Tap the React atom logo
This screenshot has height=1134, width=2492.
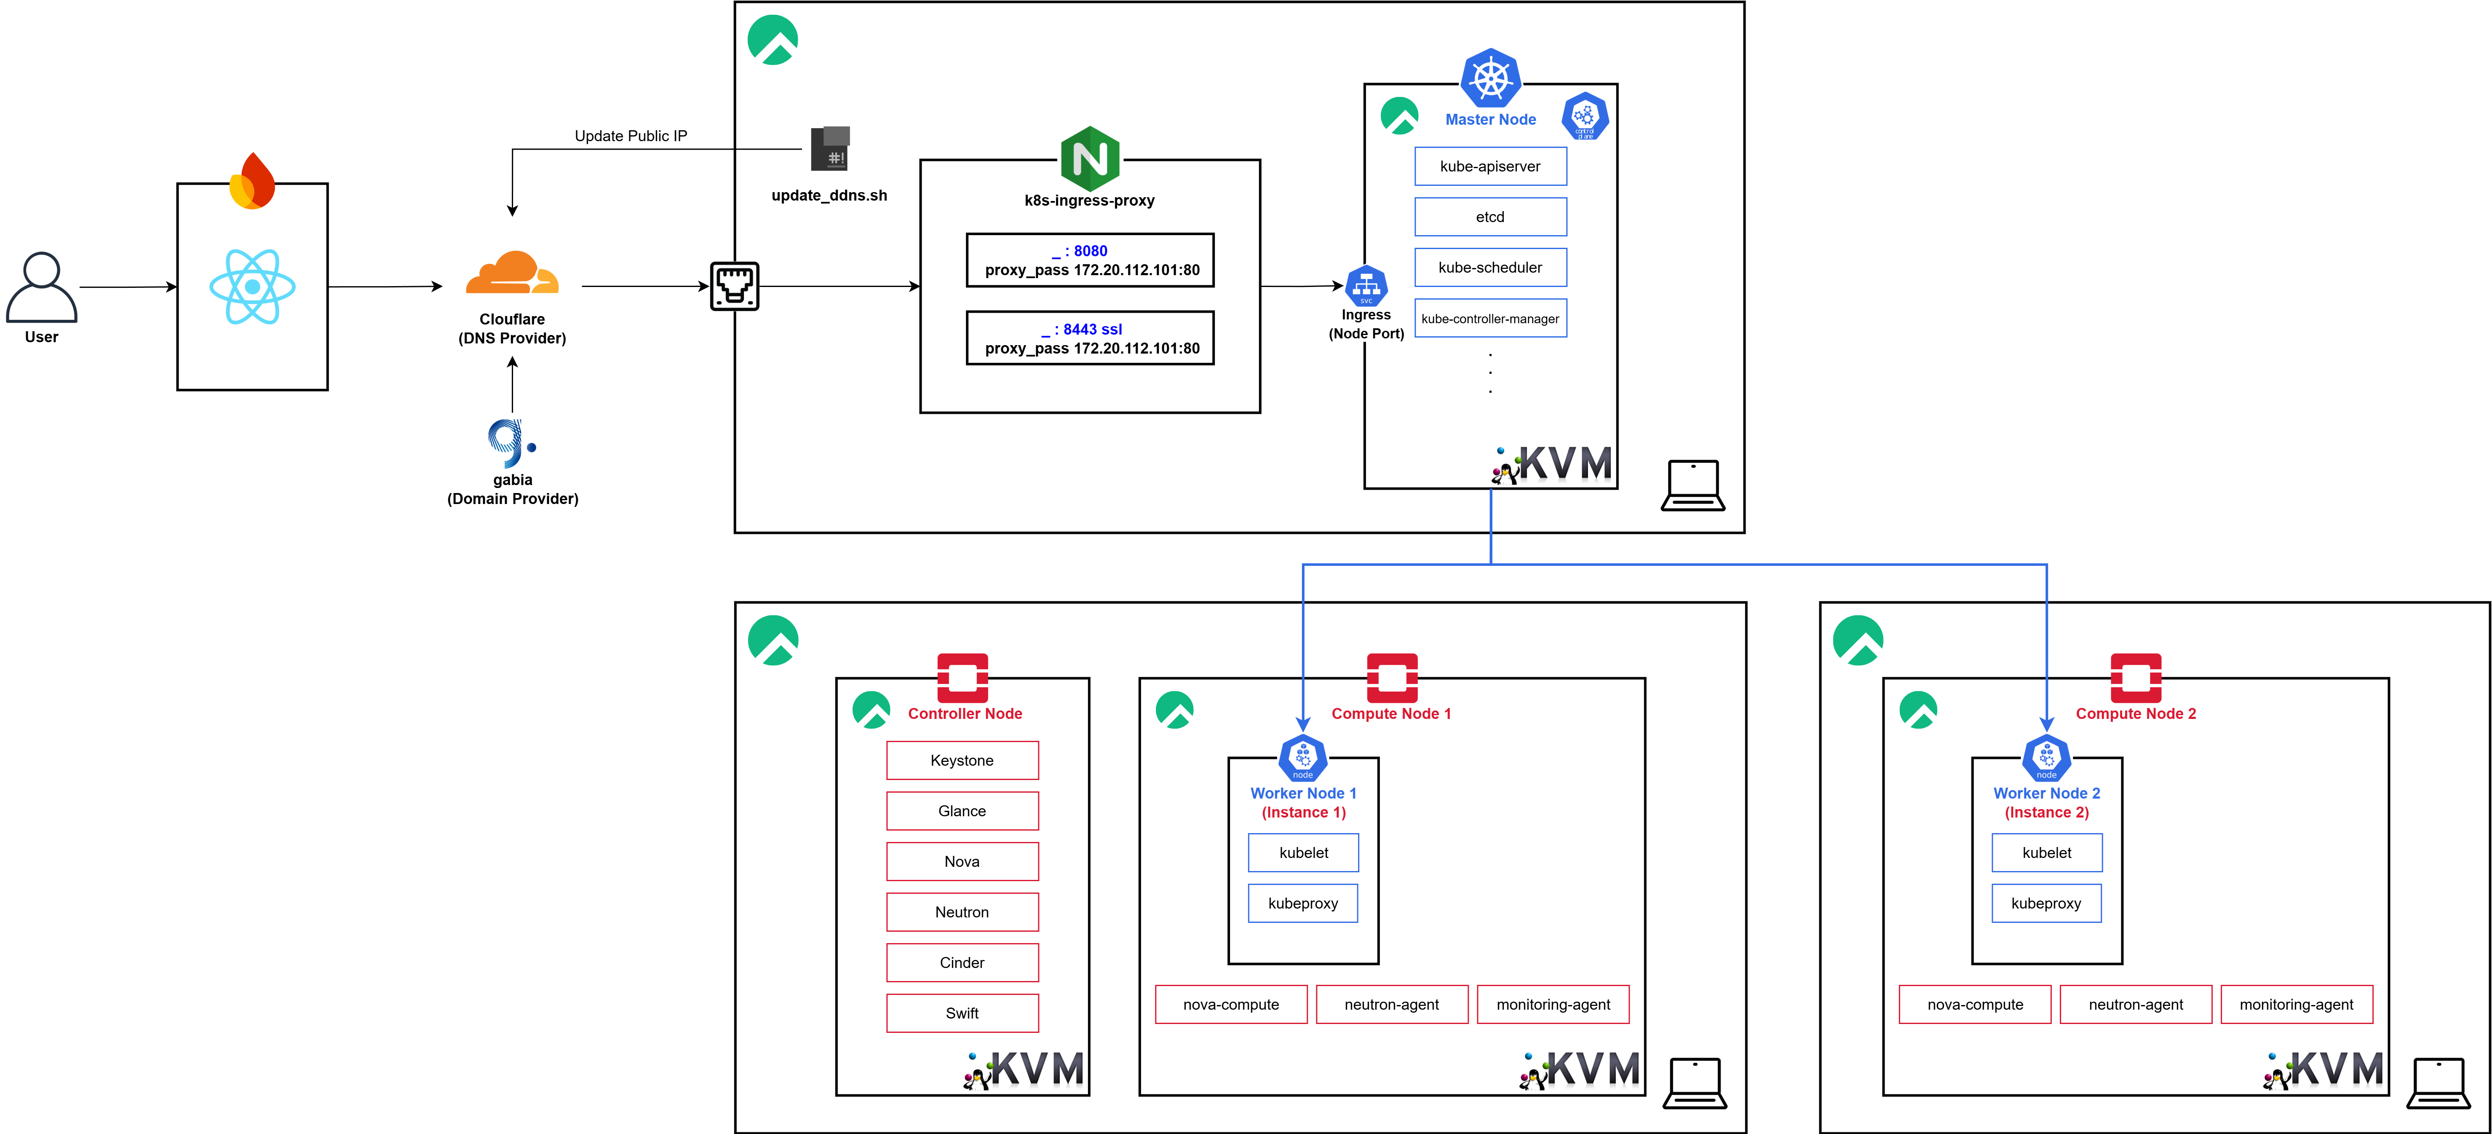pyautogui.click(x=252, y=287)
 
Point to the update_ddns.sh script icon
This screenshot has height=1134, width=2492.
pyautogui.click(x=830, y=148)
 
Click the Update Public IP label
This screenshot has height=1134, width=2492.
pyautogui.click(x=631, y=135)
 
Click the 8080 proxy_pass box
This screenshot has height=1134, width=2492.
pyautogui.click(x=1090, y=260)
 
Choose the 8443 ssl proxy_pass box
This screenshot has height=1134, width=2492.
pyautogui.click(x=1090, y=338)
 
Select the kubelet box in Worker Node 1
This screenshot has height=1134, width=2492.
pyautogui.click(x=1303, y=853)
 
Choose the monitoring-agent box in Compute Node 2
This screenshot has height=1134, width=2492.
pyautogui.click(x=2297, y=1004)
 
